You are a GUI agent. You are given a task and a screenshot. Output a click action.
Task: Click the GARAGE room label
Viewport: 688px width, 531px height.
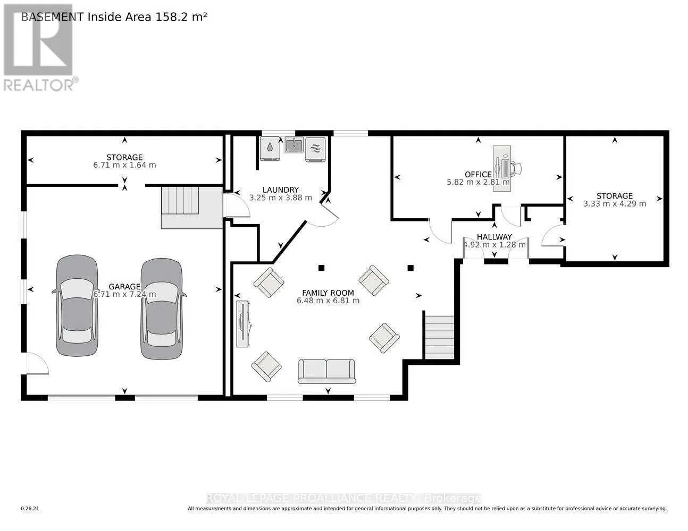124,286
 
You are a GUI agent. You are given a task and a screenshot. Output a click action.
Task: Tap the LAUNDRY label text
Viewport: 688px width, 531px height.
281,190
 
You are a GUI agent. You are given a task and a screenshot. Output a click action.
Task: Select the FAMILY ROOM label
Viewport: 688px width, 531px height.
328,293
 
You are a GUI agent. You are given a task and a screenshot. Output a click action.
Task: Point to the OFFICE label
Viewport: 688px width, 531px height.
478,175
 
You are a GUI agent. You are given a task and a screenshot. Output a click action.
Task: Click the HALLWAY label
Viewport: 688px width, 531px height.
494,237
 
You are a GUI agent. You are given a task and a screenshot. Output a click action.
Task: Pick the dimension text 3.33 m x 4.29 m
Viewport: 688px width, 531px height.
615,204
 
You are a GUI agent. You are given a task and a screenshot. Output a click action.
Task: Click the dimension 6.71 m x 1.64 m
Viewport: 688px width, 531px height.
124,165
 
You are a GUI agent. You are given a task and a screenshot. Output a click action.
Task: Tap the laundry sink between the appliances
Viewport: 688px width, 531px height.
294,144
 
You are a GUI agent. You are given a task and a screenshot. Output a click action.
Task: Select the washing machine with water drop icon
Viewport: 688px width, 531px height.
270,149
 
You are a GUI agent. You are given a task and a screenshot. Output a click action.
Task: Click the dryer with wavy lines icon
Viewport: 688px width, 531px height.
316,150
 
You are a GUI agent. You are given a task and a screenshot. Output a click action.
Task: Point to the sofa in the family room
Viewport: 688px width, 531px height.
326,371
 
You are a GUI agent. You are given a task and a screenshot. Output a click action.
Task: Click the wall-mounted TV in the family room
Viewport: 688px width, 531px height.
243,324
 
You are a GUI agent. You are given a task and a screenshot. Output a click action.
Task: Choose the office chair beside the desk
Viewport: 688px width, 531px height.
516,168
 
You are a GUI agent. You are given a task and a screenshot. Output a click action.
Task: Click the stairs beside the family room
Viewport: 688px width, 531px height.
439,337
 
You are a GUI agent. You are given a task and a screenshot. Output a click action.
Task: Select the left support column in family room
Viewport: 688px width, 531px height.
321,268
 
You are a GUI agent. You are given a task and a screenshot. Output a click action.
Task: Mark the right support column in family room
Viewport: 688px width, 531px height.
410,268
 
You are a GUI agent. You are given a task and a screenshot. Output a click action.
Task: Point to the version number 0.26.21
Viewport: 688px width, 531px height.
30,509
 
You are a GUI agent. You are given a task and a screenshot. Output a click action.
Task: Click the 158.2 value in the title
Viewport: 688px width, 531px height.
170,17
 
